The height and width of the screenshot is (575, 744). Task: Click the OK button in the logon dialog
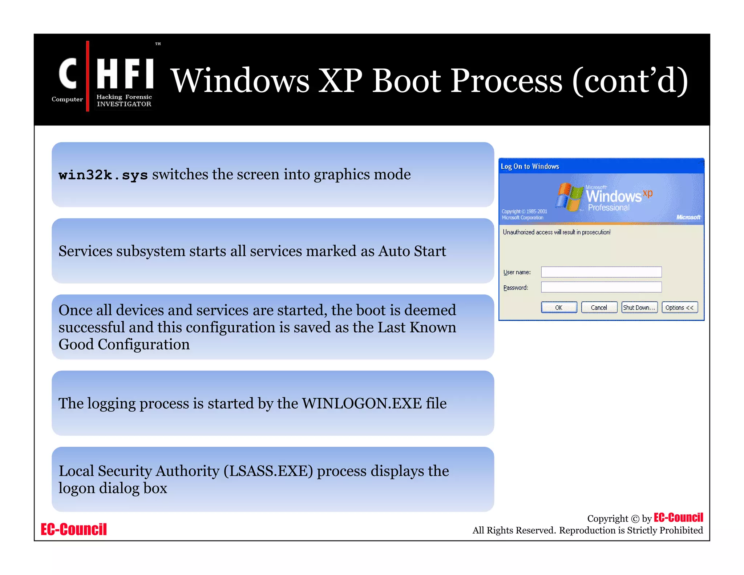click(559, 307)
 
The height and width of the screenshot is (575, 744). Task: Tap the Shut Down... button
click(639, 307)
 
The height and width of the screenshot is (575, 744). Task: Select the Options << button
click(679, 307)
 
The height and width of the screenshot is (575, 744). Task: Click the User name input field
click(601, 272)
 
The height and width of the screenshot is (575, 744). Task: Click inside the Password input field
click(601, 287)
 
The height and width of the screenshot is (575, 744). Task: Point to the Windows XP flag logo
click(569, 197)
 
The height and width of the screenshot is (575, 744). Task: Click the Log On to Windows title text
click(530, 166)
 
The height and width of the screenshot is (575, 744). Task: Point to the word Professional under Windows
click(608, 208)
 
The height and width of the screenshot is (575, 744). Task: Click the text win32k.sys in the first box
click(103, 175)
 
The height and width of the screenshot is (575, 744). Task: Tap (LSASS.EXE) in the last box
click(268, 471)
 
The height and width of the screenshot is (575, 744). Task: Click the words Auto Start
click(412, 251)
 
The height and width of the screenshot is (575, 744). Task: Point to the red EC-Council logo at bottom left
click(74, 529)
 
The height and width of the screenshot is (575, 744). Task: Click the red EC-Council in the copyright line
click(678, 518)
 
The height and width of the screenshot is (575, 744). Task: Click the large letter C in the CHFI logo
click(68, 74)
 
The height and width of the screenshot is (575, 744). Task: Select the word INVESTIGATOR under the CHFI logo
click(124, 104)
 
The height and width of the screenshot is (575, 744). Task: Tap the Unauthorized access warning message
click(556, 232)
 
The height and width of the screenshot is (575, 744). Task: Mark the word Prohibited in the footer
click(681, 530)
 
